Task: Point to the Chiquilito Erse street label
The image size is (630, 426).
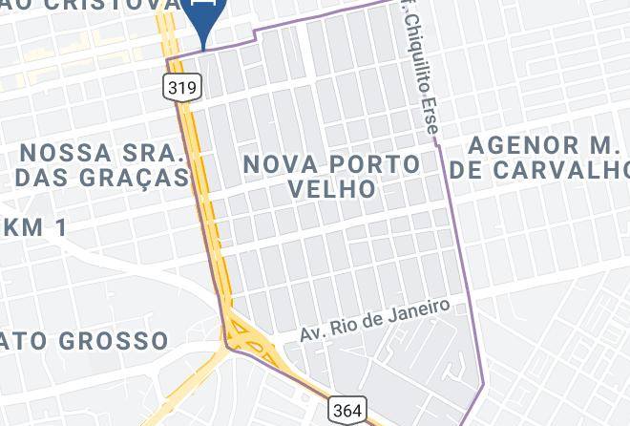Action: tap(425, 68)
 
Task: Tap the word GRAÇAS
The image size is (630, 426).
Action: tap(134, 178)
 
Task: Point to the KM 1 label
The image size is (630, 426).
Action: tap(36, 227)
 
